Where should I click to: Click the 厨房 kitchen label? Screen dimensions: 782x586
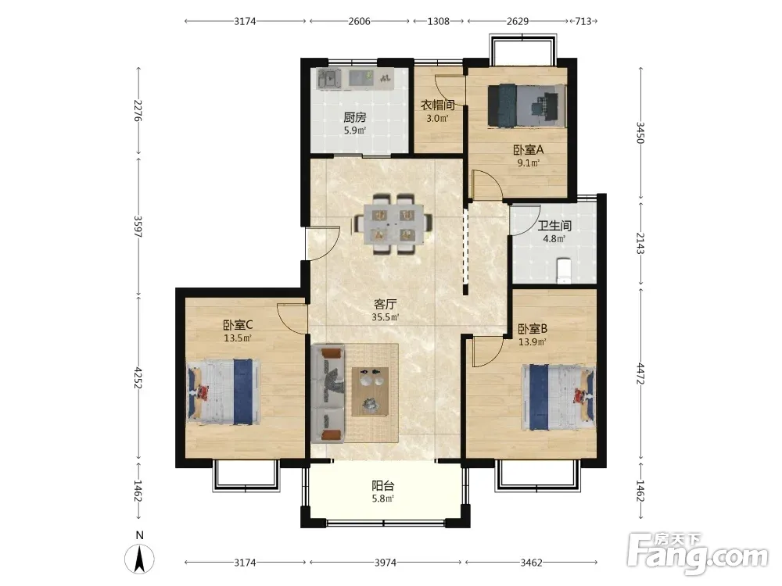354,118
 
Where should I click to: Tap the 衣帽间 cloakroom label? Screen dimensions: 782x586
437,105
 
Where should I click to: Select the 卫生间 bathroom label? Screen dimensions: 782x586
554,226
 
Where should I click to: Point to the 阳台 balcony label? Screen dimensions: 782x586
383,485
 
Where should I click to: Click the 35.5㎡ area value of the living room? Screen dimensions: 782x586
385,317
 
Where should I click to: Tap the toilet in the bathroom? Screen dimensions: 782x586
563,270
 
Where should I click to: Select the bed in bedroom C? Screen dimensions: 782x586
224,393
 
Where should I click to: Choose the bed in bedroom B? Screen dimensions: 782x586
558,397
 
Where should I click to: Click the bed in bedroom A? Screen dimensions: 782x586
526,105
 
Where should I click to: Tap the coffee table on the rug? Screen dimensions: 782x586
370,391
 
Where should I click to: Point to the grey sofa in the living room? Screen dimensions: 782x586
328,395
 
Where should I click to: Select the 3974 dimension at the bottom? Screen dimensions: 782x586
386,563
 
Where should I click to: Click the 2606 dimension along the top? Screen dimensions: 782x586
359,21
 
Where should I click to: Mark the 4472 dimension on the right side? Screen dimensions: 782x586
640,373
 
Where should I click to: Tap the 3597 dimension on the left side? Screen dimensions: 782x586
138,227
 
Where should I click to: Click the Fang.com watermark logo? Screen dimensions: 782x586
698,552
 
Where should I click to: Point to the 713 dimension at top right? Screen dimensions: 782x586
583,21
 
